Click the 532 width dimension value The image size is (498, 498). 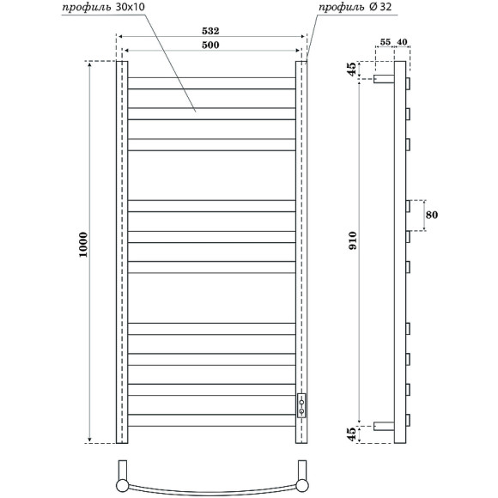[211, 29]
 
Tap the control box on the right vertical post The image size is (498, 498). [301, 404]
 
